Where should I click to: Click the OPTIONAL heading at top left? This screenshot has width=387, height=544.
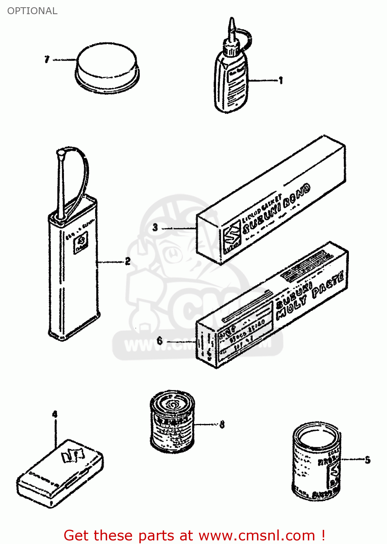tap(32, 11)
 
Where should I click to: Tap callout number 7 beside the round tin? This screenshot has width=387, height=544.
tap(47, 59)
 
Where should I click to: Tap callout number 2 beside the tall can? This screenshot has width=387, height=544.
tap(127, 261)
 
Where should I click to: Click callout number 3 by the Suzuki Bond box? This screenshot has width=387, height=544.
tap(155, 228)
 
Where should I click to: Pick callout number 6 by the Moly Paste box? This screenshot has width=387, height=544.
tap(160, 341)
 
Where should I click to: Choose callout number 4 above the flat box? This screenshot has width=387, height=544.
tap(54, 414)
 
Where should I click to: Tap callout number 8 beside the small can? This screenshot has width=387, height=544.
tap(222, 424)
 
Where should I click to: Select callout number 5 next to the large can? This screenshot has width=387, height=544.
tap(367, 460)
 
